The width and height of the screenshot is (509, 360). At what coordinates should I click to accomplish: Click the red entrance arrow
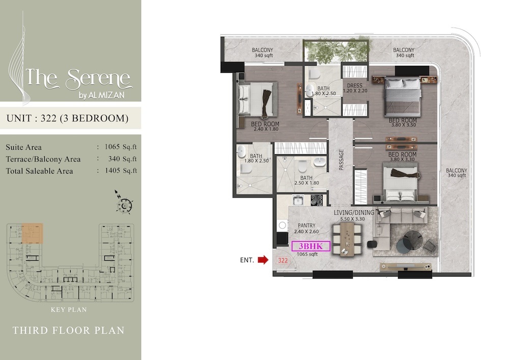tap(263, 260)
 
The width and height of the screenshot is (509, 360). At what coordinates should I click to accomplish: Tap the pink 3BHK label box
tap(310, 247)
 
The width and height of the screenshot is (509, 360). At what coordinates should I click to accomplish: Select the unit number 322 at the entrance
tap(282, 260)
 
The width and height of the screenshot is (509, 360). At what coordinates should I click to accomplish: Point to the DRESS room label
tap(354, 86)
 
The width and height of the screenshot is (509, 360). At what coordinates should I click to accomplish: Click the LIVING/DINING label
tap(354, 212)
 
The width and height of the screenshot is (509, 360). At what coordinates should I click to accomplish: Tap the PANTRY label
tap(307, 226)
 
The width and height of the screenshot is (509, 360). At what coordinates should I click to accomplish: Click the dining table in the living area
tap(345, 237)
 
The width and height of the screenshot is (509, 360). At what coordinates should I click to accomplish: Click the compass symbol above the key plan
tap(124, 204)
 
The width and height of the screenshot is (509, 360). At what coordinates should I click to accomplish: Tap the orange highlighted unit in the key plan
tap(32, 233)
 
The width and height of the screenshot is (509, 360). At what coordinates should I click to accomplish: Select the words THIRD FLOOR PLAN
tap(68, 330)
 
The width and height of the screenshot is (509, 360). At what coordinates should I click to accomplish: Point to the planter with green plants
tap(336, 51)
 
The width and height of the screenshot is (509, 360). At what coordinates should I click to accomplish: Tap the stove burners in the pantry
tap(318, 200)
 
